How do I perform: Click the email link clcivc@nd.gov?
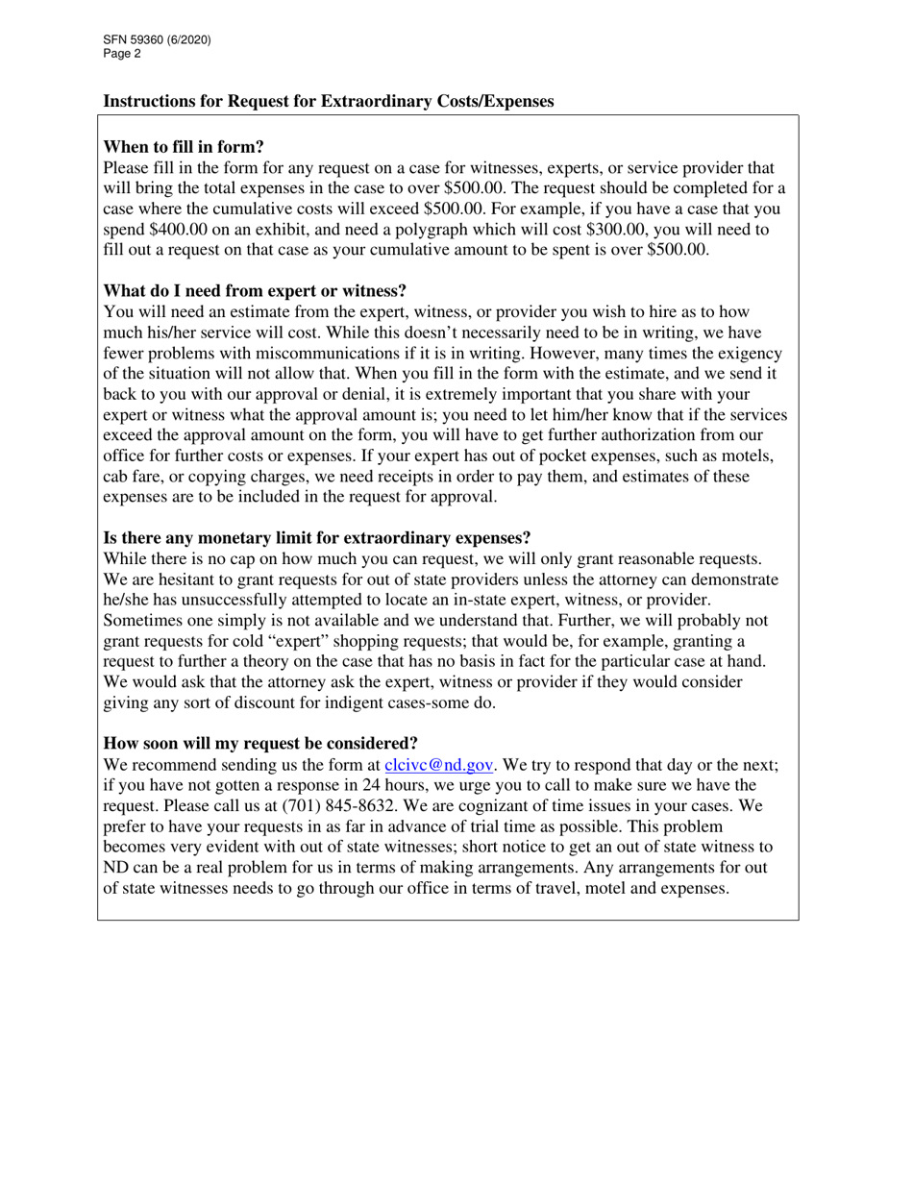pos(439,765)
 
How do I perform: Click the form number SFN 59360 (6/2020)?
pos(157,40)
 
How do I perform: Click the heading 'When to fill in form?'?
pos(184,147)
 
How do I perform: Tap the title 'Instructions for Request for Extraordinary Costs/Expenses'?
pos(328,101)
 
